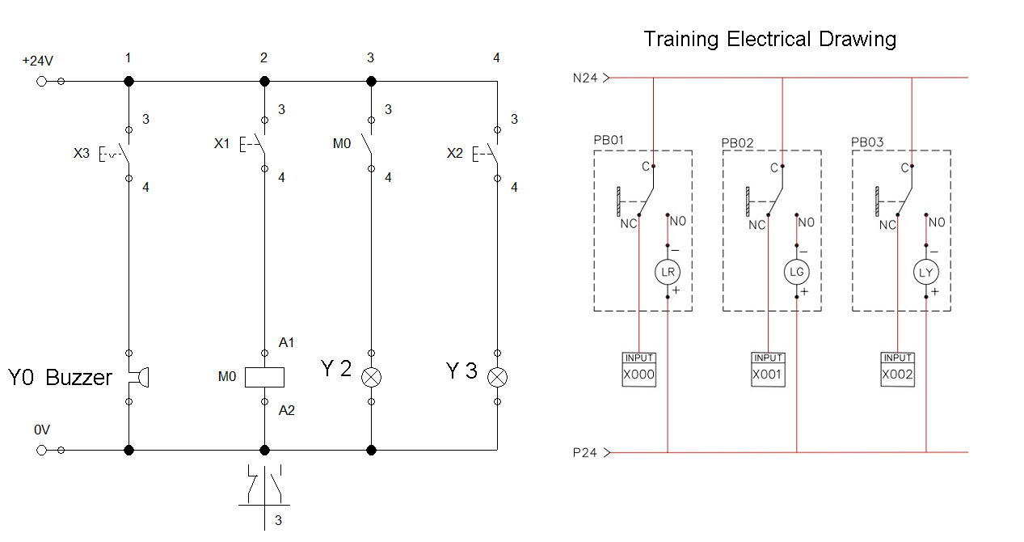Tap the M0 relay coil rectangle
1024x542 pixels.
[x=264, y=376]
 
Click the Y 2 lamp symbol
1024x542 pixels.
[x=371, y=377]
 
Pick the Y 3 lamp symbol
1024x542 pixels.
[x=496, y=377]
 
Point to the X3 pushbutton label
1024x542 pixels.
[x=82, y=152]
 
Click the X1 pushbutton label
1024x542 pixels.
[x=221, y=143]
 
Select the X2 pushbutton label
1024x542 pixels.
[x=455, y=152]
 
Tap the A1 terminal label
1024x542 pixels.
[x=286, y=343]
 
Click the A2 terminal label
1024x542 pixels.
[x=286, y=410]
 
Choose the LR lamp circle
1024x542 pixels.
[x=668, y=273]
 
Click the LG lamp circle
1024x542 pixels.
[x=796, y=273]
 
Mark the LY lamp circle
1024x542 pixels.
[x=925, y=273]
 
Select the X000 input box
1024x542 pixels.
[x=638, y=375]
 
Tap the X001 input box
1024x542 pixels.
[x=768, y=375]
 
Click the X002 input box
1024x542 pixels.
[x=897, y=375]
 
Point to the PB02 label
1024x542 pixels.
[x=737, y=143]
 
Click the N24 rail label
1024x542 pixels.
[x=584, y=78]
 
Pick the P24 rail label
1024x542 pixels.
[x=584, y=453]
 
